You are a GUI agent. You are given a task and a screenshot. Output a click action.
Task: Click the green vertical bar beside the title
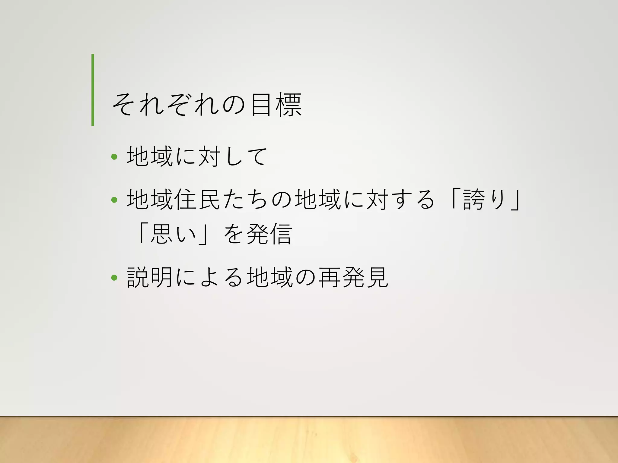[93, 90]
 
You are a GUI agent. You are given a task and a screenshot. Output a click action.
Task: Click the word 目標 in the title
[276, 105]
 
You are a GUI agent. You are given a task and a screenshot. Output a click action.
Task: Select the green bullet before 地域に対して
[114, 156]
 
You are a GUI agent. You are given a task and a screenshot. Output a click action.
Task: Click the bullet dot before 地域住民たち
[114, 200]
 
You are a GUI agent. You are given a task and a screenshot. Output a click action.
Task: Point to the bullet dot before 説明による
[114, 277]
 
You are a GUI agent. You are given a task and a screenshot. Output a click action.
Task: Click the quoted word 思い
[173, 234]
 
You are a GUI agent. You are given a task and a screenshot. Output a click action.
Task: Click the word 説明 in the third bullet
[150, 277]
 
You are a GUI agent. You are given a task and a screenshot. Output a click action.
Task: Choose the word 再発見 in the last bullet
[353, 277]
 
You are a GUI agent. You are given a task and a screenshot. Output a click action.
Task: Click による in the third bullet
[209, 277]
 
